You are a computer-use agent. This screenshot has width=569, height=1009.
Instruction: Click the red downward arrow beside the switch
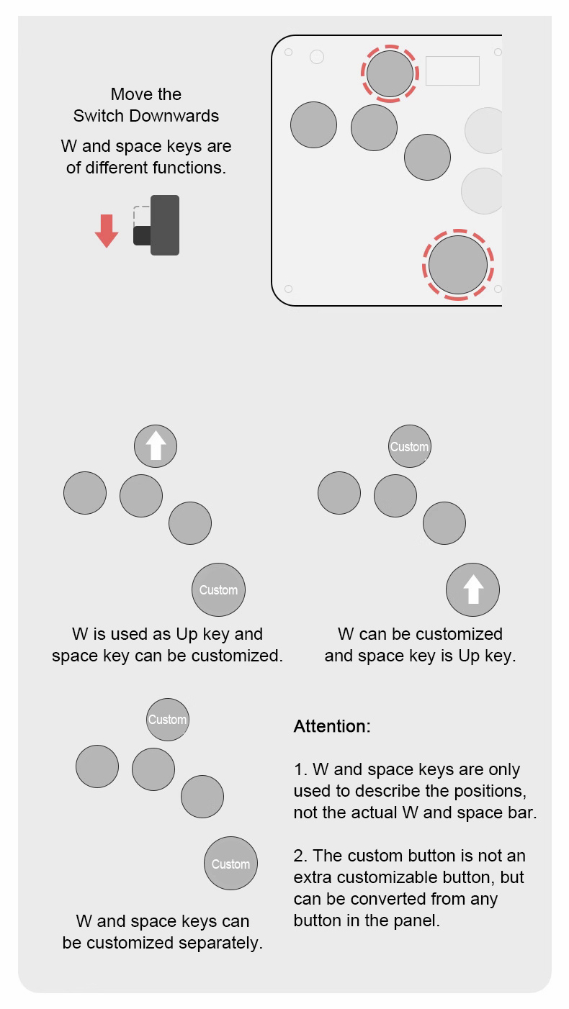(107, 230)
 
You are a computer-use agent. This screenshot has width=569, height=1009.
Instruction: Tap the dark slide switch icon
(156, 225)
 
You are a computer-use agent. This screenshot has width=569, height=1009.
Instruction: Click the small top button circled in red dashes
(390, 73)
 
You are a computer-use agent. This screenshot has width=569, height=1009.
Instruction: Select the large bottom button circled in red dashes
(458, 265)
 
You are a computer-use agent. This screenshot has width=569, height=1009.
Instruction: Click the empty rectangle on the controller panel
(452, 71)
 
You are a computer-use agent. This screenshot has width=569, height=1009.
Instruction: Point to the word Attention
(332, 727)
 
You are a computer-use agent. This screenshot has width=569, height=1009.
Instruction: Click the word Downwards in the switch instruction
(174, 116)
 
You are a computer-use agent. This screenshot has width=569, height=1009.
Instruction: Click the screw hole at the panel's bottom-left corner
(289, 289)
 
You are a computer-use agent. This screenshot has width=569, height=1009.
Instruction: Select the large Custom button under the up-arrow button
(219, 589)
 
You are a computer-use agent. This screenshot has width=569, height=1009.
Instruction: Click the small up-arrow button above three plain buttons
(156, 446)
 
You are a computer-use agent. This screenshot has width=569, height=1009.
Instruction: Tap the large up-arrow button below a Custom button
(473, 589)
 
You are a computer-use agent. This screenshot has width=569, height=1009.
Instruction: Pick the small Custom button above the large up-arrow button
(409, 446)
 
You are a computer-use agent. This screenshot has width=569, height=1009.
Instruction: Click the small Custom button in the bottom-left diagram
(167, 720)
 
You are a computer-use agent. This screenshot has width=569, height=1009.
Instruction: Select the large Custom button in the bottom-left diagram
(231, 863)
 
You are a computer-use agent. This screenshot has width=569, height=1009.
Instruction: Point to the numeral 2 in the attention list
(298, 856)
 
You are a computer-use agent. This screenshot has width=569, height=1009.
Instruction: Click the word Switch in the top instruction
(99, 116)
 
